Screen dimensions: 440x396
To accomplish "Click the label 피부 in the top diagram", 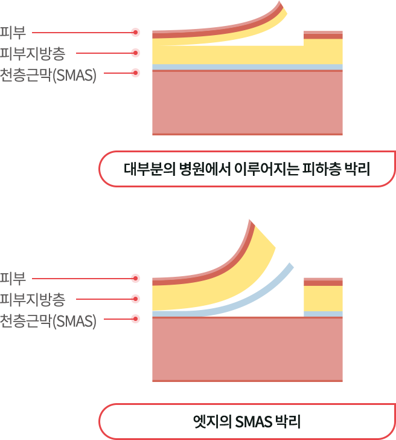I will coord(13,31).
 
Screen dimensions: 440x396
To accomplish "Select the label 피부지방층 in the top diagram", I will coord(36,53).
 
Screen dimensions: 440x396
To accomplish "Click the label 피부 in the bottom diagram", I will coord(13,279).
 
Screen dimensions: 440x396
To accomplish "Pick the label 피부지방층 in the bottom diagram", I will coord(36,299).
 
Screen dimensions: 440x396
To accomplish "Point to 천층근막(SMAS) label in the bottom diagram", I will coord(48,320).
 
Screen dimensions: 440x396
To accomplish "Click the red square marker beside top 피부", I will coord(135,31).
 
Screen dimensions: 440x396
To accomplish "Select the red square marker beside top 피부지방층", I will coord(135,53).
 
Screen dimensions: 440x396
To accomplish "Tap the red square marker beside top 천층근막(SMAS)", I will coord(135,73).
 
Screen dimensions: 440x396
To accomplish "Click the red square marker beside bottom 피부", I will coord(135,278).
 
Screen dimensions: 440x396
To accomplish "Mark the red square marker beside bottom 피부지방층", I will coord(135,298).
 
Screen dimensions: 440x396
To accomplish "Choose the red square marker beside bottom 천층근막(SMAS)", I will coord(135,318).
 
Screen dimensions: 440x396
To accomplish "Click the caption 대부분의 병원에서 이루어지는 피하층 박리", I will coord(246,169).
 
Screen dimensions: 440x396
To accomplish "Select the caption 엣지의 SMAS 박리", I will coord(246,421).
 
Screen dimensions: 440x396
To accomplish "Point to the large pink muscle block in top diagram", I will coord(247,103).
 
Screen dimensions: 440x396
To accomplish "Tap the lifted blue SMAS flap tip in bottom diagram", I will coord(290,266).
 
